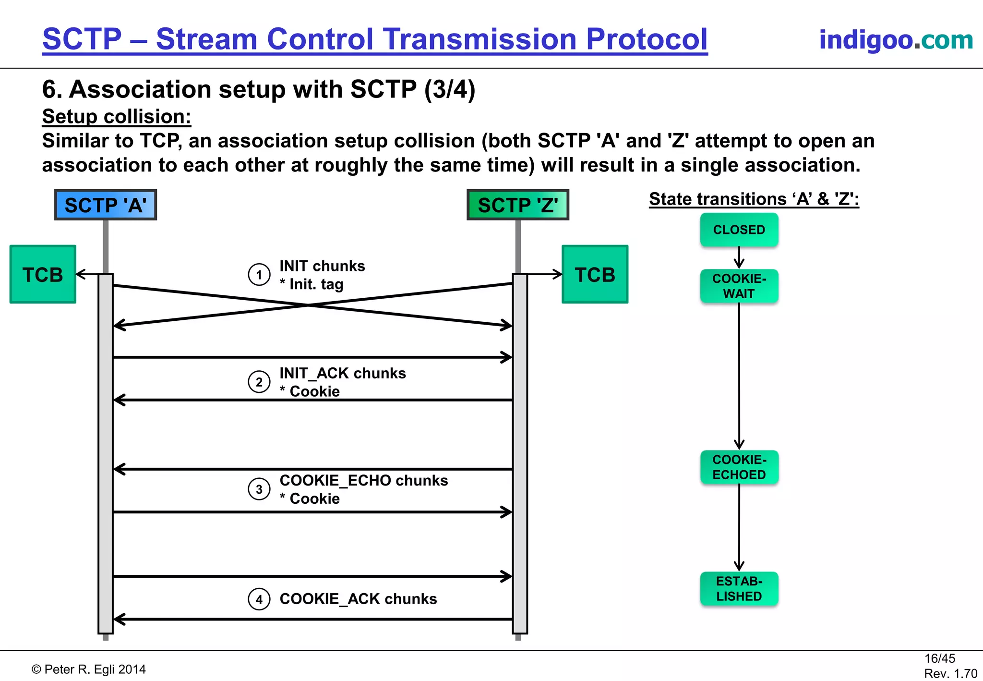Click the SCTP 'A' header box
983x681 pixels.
tap(106, 205)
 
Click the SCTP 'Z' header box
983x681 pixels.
tap(518, 205)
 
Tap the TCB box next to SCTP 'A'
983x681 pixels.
tap(43, 275)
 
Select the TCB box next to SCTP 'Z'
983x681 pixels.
tap(595, 275)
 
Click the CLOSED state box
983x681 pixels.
tap(739, 230)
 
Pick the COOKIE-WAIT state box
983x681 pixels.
tap(739, 286)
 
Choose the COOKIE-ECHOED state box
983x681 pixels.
tap(739, 467)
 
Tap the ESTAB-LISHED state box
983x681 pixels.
tap(739, 589)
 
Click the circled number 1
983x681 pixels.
tap(259, 275)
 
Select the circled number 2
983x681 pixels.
tap(259, 382)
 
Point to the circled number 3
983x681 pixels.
tap(259, 489)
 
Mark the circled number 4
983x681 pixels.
tap(259, 599)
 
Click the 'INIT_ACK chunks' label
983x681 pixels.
tap(343, 373)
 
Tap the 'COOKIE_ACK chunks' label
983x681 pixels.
tap(358, 599)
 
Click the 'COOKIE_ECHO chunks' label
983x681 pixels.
tap(364, 480)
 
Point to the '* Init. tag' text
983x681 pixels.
tap(312, 284)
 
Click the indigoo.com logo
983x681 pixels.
tap(896, 39)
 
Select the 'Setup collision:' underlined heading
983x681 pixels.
tap(117, 117)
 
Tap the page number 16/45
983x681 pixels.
tap(939, 658)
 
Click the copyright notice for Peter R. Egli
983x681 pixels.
tap(89, 669)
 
